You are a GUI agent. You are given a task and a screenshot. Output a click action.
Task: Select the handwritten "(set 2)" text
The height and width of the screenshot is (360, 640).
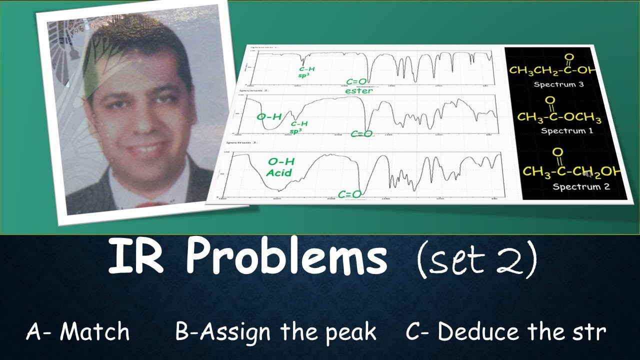click(x=476, y=259)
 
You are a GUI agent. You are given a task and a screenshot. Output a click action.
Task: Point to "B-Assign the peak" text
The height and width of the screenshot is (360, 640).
click(x=275, y=332)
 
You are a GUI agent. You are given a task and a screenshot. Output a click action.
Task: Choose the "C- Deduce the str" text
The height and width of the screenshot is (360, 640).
click(x=506, y=332)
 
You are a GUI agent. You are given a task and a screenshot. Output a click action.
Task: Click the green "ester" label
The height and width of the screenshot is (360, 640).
click(x=358, y=91)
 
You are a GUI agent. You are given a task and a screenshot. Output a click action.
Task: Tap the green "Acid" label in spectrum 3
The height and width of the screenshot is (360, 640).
click(x=279, y=172)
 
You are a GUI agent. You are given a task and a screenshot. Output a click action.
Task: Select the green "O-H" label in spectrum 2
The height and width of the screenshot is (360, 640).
click(x=269, y=117)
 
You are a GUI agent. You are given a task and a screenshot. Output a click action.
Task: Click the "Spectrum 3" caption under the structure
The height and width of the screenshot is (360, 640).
click(x=558, y=84)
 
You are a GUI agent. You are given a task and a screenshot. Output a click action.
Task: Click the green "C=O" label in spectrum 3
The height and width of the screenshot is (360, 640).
click(x=349, y=194)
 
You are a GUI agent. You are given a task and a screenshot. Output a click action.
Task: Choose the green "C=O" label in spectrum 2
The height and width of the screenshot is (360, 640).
click(x=361, y=133)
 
